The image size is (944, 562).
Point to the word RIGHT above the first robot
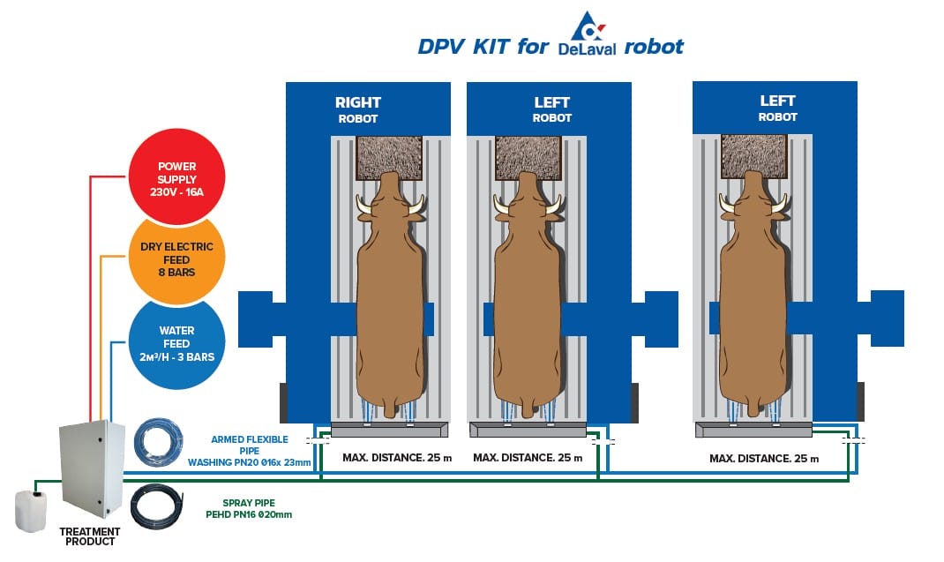click(357, 102)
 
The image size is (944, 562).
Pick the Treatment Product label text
click(89, 536)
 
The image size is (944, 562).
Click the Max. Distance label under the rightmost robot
click(764, 459)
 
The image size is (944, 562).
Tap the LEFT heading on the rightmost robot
click(777, 101)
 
